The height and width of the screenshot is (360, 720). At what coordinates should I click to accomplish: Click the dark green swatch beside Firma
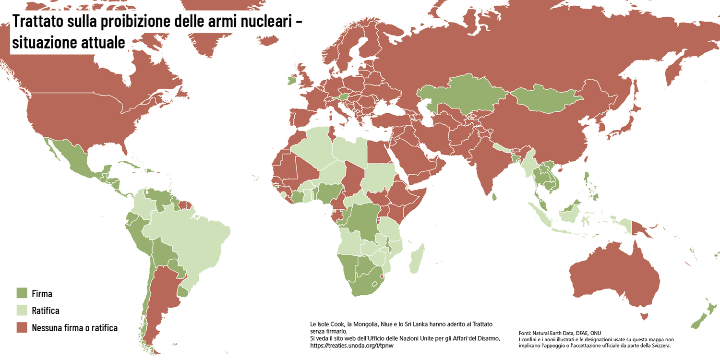click(x=22, y=293)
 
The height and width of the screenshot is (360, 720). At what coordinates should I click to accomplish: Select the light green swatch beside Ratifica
click(x=22, y=311)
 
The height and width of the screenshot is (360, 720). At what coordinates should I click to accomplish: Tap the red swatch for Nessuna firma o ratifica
click(x=22, y=328)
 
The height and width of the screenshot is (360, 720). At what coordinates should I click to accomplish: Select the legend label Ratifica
click(x=46, y=311)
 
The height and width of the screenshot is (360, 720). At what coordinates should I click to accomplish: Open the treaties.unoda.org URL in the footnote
click(x=355, y=345)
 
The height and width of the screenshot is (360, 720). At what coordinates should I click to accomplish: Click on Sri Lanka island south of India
click(x=495, y=196)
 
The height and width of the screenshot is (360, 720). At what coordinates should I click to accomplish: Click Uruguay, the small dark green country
click(x=183, y=291)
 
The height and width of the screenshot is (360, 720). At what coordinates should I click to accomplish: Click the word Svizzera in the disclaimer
click(x=659, y=345)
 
